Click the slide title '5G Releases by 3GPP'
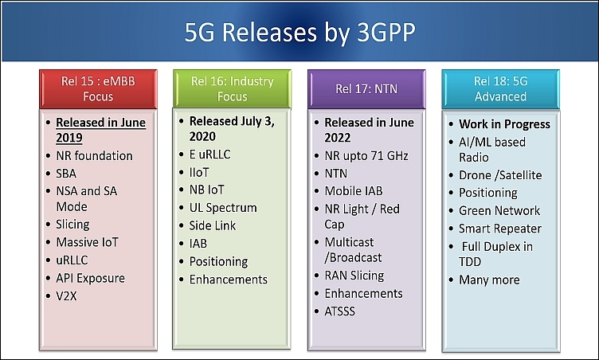(299, 32)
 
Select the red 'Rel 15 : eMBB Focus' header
(98, 89)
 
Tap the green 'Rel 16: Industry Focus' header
(232, 88)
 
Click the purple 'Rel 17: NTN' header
(366, 89)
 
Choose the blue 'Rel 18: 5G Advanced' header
(500, 89)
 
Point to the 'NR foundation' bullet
(94, 155)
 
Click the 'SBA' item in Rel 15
(66, 174)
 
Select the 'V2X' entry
(66, 296)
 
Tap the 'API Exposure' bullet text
(90, 278)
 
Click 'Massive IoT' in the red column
(87, 242)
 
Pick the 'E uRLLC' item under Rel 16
(209, 155)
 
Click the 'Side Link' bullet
(213, 225)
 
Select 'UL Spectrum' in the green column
(223, 208)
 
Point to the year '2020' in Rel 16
(202, 136)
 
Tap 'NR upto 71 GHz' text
(366, 156)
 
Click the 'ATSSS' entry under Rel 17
(339, 311)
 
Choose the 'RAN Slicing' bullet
(354, 276)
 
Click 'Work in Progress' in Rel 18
(504, 124)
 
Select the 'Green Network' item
(499, 210)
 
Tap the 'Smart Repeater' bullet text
(500, 229)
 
